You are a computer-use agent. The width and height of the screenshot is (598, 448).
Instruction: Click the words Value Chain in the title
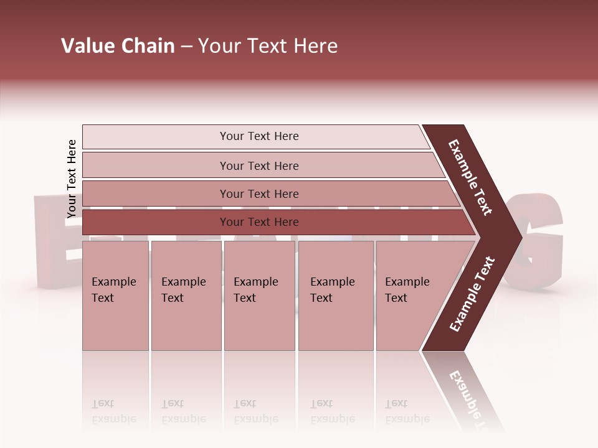pos(118,46)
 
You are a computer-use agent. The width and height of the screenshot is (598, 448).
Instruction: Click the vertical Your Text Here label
pos(72,179)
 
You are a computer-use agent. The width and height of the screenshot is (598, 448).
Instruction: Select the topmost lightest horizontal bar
pos(259,136)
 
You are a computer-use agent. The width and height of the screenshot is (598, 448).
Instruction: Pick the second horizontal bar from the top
pos(259,166)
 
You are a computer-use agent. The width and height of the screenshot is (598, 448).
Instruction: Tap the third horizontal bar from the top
pos(259,194)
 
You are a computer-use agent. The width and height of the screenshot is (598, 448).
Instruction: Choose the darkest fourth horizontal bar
pos(259,222)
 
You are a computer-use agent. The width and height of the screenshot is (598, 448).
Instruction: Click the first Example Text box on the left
pos(115,296)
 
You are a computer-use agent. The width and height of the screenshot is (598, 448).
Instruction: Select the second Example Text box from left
pos(186,296)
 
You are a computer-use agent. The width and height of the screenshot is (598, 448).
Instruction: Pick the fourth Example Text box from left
pos(336,296)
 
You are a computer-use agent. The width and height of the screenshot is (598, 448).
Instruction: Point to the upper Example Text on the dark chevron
pos(470,177)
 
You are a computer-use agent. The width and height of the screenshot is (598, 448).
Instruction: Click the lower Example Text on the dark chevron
pos(472,294)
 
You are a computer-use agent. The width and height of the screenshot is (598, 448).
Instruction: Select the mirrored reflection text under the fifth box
pos(407,411)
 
